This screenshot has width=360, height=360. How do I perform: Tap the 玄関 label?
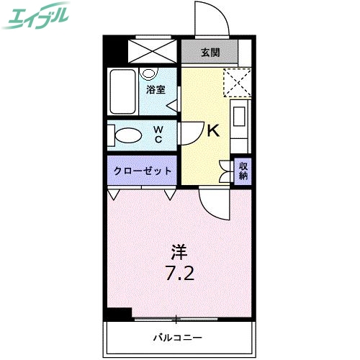pos(210,52)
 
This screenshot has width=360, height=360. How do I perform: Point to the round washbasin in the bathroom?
pos(149,73)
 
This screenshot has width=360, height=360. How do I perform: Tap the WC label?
pos(158,135)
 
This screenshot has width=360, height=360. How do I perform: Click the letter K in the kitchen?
pos(213,131)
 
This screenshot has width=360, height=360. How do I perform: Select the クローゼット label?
pos(143,171)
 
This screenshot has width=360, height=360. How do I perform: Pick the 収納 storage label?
pos(243,171)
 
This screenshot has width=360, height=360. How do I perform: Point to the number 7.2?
pos(179,274)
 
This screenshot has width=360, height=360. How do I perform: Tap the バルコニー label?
pos(177,336)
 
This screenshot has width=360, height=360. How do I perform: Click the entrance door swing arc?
pos(213,18)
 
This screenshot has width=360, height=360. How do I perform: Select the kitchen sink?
pos(240,116)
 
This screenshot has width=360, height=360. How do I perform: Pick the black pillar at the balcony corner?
pos(117,314)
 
